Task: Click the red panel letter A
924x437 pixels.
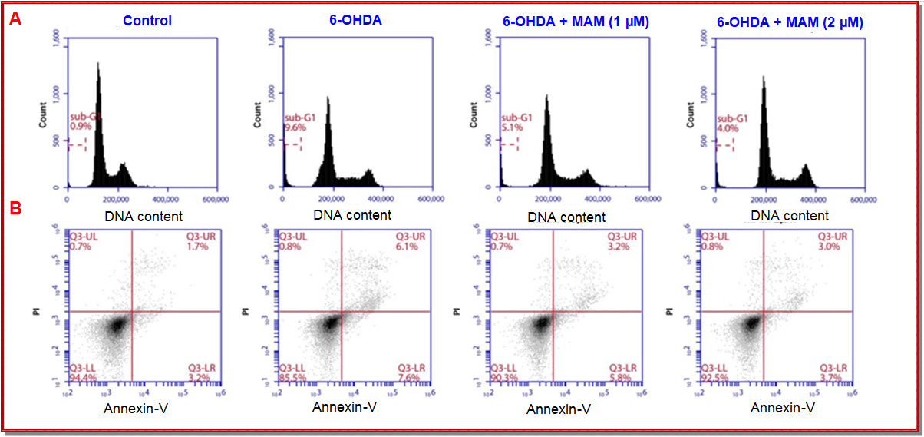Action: pos(15,21)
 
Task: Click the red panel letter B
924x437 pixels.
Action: pos(15,207)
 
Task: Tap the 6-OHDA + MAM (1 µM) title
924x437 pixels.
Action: pos(576,22)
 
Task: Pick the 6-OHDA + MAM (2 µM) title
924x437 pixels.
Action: pos(790,22)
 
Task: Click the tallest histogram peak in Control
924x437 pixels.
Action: pos(98,66)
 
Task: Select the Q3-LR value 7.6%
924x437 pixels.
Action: pos(408,377)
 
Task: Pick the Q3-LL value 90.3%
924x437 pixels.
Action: pos(502,378)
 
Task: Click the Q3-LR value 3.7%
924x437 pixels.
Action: pos(833,378)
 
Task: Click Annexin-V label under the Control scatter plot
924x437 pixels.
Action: pos(136,407)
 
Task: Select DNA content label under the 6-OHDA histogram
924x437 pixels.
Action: pos(352,215)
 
